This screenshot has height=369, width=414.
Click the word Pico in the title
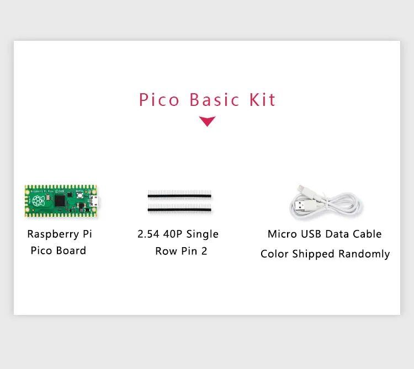tap(159, 100)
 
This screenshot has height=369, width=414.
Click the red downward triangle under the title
tap(207, 121)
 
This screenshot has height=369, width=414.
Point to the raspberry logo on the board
tap(38, 201)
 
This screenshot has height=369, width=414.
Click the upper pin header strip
tap(179, 195)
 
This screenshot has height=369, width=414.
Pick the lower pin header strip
tap(179, 208)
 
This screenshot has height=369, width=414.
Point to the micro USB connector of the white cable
tap(301, 189)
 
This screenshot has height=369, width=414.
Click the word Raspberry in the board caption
tap(54, 234)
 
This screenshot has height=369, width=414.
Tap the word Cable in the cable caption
tap(367, 234)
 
